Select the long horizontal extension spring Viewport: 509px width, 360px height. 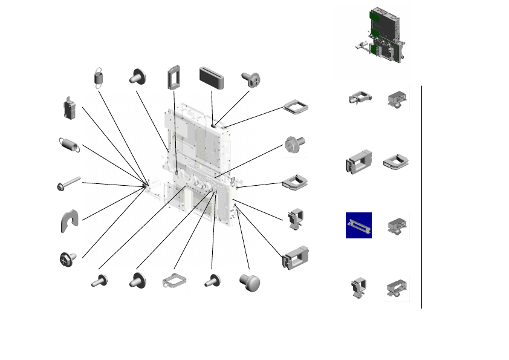click(x=69, y=145)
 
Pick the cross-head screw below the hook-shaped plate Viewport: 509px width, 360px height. click(x=68, y=258)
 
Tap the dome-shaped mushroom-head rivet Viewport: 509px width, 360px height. click(x=249, y=281)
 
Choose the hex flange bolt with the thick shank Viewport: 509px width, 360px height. click(x=295, y=145)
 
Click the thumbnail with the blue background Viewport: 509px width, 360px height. click(x=358, y=225)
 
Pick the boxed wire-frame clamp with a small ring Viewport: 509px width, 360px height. click(x=175, y=282)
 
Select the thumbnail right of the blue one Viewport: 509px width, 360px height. click(x=397, y=225)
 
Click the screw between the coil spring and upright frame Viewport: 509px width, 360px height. click(x=137, y=77)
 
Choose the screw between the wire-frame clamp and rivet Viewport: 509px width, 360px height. click(x=212, y=281)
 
